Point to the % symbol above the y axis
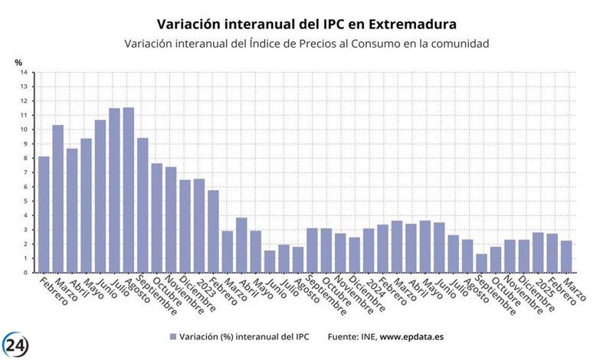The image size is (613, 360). tap(18, 62)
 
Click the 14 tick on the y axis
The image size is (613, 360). tap(25, 73)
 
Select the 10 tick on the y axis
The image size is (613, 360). tap(25, 129)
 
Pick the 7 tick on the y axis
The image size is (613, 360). tap(25, 172)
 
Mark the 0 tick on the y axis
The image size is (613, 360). tap(25, 273)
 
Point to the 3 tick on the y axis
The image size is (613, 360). tap(25, 230)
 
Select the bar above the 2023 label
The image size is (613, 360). tap(199, 226)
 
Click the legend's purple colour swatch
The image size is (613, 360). tap(172, 336)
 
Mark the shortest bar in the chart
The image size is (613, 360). tap(481, 263)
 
